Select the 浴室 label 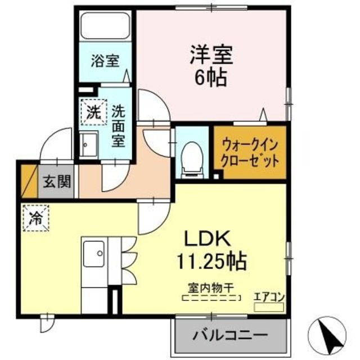[x=106, y=60]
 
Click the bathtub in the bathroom [x=106, y=26]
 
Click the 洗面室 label [x=118, y=126]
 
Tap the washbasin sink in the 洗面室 [x=88, y=146]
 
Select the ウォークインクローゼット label [x=250, y=152]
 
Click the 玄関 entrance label [x=57, y=181]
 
